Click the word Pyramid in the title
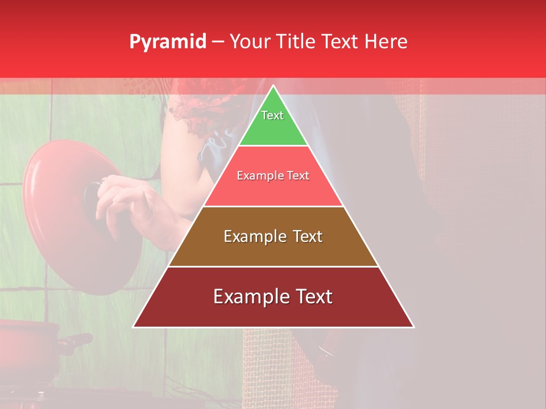tap(168, 42)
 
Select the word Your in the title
tap(249, 42)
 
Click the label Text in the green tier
tap(272, 115)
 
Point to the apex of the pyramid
tap(274, 86)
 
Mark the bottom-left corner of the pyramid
tap(133, 327)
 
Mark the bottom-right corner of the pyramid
tap(413, 327)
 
